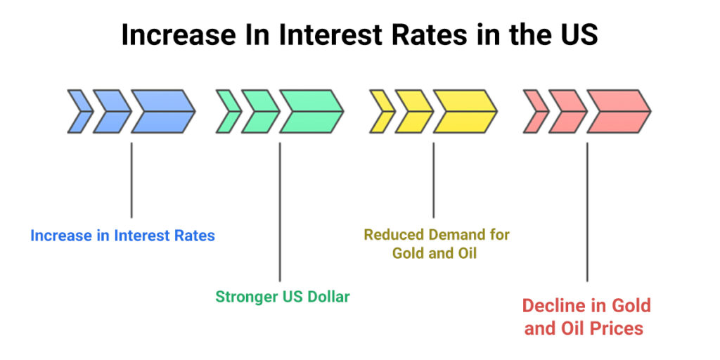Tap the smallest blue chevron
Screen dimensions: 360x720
click(x=79, y=111)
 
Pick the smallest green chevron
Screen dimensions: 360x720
click(x=227, y=111)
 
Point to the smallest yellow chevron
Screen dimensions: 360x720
click(x=382, y=111)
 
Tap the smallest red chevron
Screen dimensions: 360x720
click(x=535, y=111)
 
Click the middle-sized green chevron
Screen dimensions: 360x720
click(x=259, y=111)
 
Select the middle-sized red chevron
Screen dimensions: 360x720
click(x=567, y=111)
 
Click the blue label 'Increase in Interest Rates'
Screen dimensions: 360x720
click(x=122, y=236)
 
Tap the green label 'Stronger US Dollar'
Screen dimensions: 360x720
click(x=282, y=297)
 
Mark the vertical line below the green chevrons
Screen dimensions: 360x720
click(x=280, y=211)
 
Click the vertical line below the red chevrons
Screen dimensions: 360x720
click(x=587, y=211)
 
